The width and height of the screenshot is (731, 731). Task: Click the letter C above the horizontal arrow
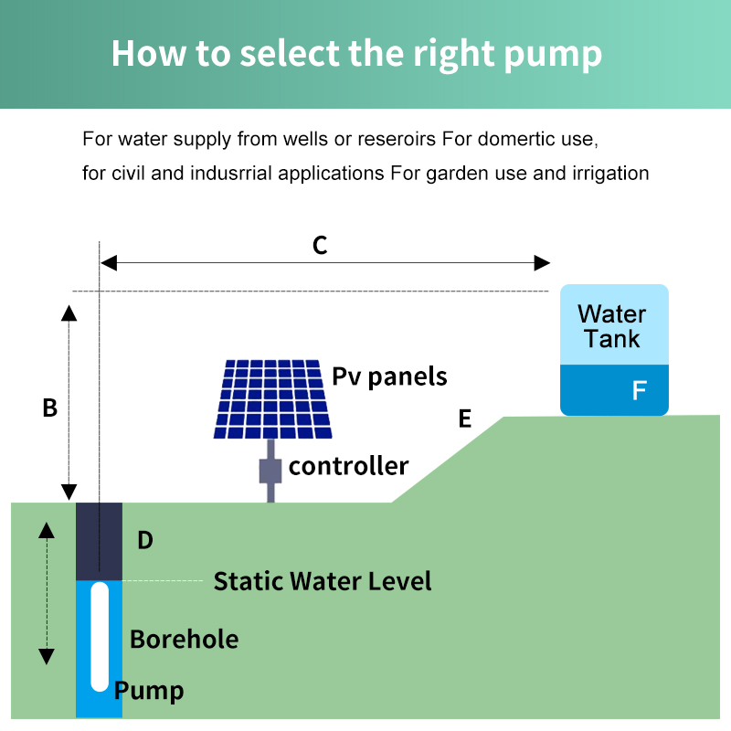click(x=320, y=245)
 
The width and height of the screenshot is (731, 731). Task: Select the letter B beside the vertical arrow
click(x=50, y=408)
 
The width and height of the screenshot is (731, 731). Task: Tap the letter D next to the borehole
click(x=144, y=540)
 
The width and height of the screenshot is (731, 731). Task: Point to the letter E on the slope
click(x=465, y=418)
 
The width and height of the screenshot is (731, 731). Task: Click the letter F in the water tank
click(x=640, y=391)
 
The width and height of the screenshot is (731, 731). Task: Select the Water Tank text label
click(x=612, y=326)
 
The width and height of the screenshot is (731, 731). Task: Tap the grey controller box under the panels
click(x=270, y=470)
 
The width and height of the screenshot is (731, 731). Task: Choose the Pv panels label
click(x=389, y=376)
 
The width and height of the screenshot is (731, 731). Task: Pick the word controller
click(x=348, y=466)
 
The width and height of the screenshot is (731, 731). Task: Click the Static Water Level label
click(x=323, y=581)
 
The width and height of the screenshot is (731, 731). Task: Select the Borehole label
click(x=184, y=639)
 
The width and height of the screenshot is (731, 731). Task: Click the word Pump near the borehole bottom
click(x=150, y=691)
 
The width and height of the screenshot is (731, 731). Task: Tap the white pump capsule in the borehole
click(x=99, y=636)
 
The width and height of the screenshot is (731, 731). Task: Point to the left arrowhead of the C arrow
click(x=109, y=263)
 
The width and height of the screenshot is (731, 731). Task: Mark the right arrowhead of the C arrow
click(x=543, y=263)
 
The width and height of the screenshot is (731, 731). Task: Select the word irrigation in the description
click(x=610, y=173)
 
